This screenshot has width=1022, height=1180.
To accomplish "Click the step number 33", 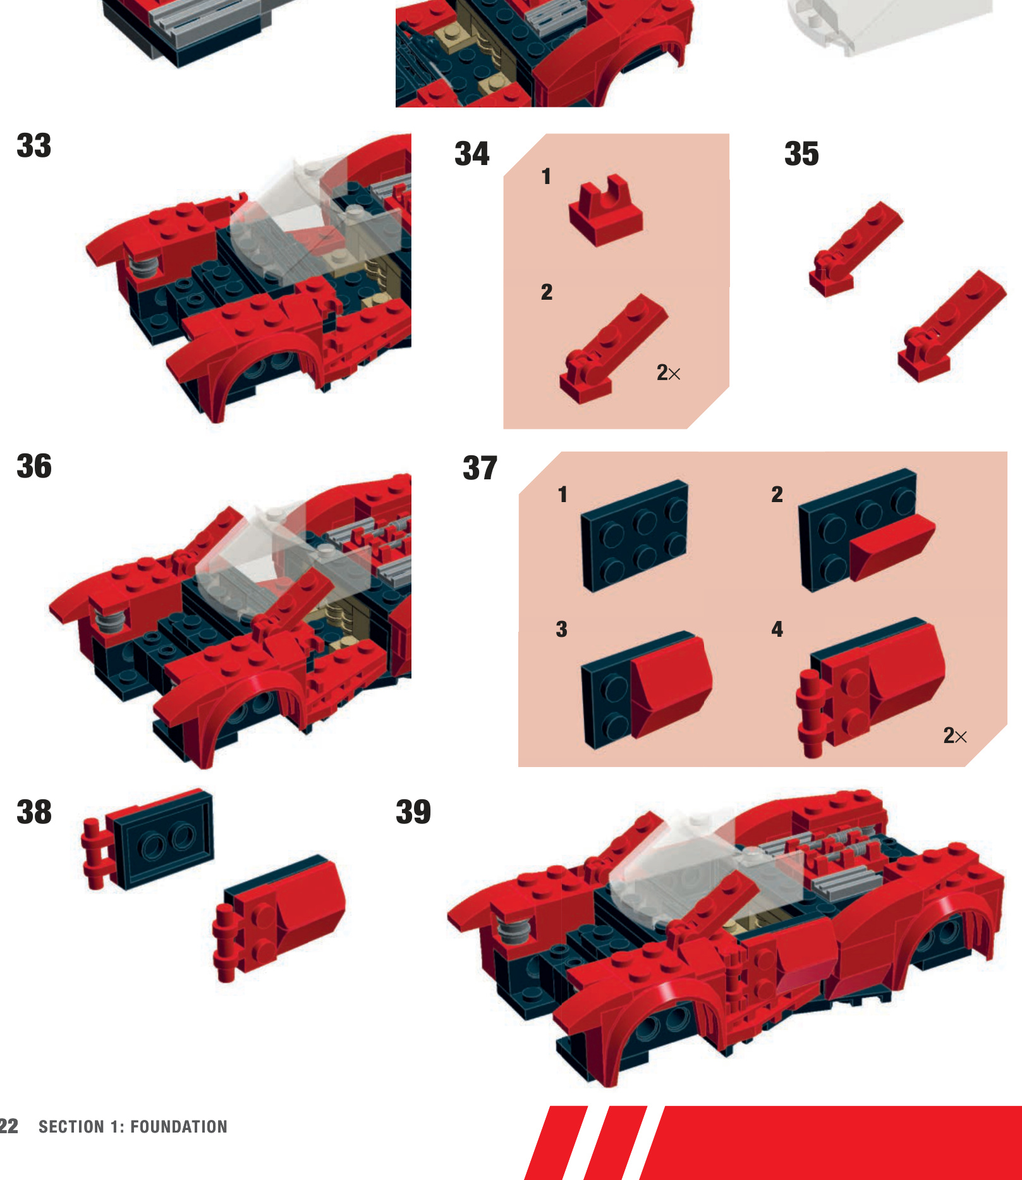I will tap(34, 145).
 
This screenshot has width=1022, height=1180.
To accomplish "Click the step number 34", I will tap(471, 154).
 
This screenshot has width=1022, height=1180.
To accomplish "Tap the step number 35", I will tap(801, 154).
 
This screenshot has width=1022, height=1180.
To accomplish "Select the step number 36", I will tap(34, 466).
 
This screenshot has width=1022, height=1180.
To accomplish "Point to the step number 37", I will tap(480, 469).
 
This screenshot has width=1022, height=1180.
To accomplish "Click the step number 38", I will tap(34, 812).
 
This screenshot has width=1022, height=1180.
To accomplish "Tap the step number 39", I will tap(413, 812).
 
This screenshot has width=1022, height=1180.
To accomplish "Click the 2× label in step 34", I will tap(668, 373).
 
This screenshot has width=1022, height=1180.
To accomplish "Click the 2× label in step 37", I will tap(954, 735).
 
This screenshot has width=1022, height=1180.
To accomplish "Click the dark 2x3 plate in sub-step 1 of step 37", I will tap(634, 536).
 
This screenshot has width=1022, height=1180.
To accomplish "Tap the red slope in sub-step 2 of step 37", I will tap(891, 545).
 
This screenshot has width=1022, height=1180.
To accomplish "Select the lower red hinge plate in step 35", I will tap(948, 326).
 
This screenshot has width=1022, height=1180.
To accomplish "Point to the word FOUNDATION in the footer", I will tap(179, 1127).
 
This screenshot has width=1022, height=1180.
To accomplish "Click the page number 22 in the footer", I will tap(9, 1126).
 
